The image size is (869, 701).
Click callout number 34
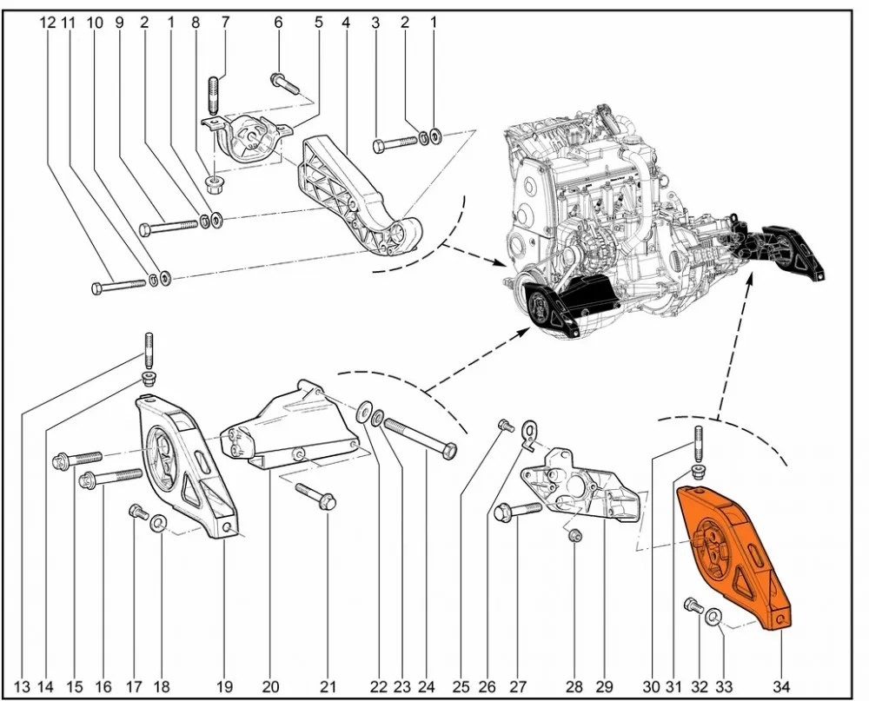click(x=779, y=686)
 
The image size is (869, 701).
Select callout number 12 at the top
click(x=47, y=23)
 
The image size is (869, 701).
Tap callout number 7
click(x=226, y=23)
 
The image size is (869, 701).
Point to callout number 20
click(x=270, y=686)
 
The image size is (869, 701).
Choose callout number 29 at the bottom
click(x=603, y=686)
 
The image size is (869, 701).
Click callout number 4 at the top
click(x=346, y=23)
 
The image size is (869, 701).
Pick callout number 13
click(x=22, y=686)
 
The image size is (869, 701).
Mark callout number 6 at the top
click(x=278, y=23)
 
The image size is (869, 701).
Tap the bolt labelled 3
click(x=395, y=143)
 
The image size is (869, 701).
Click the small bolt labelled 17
click(x=136, y=512)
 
